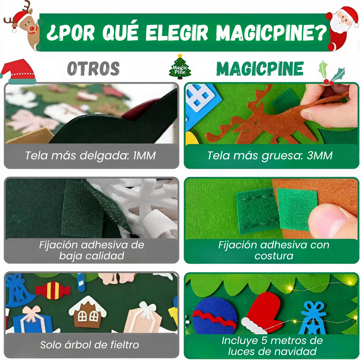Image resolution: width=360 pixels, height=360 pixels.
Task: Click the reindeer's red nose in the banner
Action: tap(32, 30)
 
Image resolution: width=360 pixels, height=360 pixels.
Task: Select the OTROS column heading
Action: tap(93, 69)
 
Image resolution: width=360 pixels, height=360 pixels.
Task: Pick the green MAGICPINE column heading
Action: tap(260, 69)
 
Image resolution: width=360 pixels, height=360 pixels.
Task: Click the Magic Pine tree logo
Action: tap(180, 67)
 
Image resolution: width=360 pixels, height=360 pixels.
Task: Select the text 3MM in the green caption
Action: tap(320, 156)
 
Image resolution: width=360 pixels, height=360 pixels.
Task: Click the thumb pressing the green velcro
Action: tap(330, 222)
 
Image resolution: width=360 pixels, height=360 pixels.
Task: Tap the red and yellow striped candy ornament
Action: tap(53, 290)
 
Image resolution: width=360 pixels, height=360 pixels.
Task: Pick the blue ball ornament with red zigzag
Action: tap(215, 315)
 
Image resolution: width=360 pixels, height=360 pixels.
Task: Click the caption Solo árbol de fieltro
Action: tap(90, 345)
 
